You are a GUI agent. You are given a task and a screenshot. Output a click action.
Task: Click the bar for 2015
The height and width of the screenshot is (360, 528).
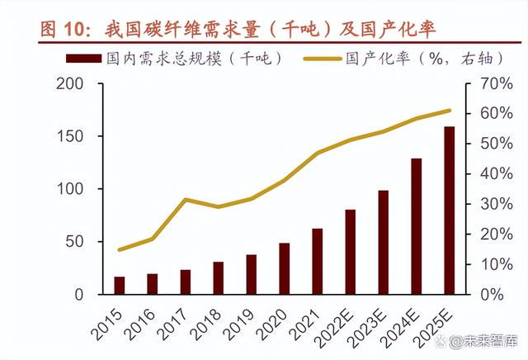(x=119, y=286)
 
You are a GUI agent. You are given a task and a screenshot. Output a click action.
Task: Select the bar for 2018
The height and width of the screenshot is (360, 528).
(x=218, y=278)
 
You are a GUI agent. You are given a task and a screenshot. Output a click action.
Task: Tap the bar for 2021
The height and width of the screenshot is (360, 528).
(x=317, y=262)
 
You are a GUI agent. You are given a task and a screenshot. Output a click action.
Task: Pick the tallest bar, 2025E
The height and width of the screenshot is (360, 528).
(x=449, y=211)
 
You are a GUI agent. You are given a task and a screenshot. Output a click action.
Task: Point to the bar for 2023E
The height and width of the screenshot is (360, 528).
(x=383, y=243)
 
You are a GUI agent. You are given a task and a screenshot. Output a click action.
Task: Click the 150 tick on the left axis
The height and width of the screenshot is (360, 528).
(x=70, y=136)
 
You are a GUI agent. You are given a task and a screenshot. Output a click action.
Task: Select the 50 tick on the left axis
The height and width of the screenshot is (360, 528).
(x=74, y=242)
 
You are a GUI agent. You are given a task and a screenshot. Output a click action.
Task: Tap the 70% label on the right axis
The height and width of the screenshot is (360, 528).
(x=497, y=83)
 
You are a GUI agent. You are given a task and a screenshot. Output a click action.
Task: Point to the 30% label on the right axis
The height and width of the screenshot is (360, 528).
(x=497, y=204)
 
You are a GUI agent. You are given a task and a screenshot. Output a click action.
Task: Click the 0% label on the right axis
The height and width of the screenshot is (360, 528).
(x=493, y=295)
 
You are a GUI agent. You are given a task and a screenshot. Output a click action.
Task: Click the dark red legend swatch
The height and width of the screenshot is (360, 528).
(x=84, y=59)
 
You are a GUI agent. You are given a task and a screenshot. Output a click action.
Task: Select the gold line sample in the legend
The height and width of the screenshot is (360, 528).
(x=323, y=59)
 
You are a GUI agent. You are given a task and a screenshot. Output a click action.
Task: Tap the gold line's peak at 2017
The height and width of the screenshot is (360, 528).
(x=186, y=200)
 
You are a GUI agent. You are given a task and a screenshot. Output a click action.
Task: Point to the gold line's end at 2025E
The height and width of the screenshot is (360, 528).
(x=449, y=110)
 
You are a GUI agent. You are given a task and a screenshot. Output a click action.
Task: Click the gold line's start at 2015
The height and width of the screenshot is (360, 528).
(x=119, y=250)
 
